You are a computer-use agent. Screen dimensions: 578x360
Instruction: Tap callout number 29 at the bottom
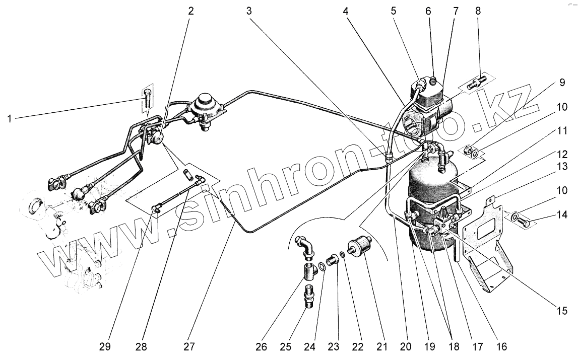105,347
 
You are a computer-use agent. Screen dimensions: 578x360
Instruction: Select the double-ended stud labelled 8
476,82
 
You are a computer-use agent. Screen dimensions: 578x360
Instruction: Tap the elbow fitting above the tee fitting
307,246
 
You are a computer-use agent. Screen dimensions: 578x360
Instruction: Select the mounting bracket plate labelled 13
486,247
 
